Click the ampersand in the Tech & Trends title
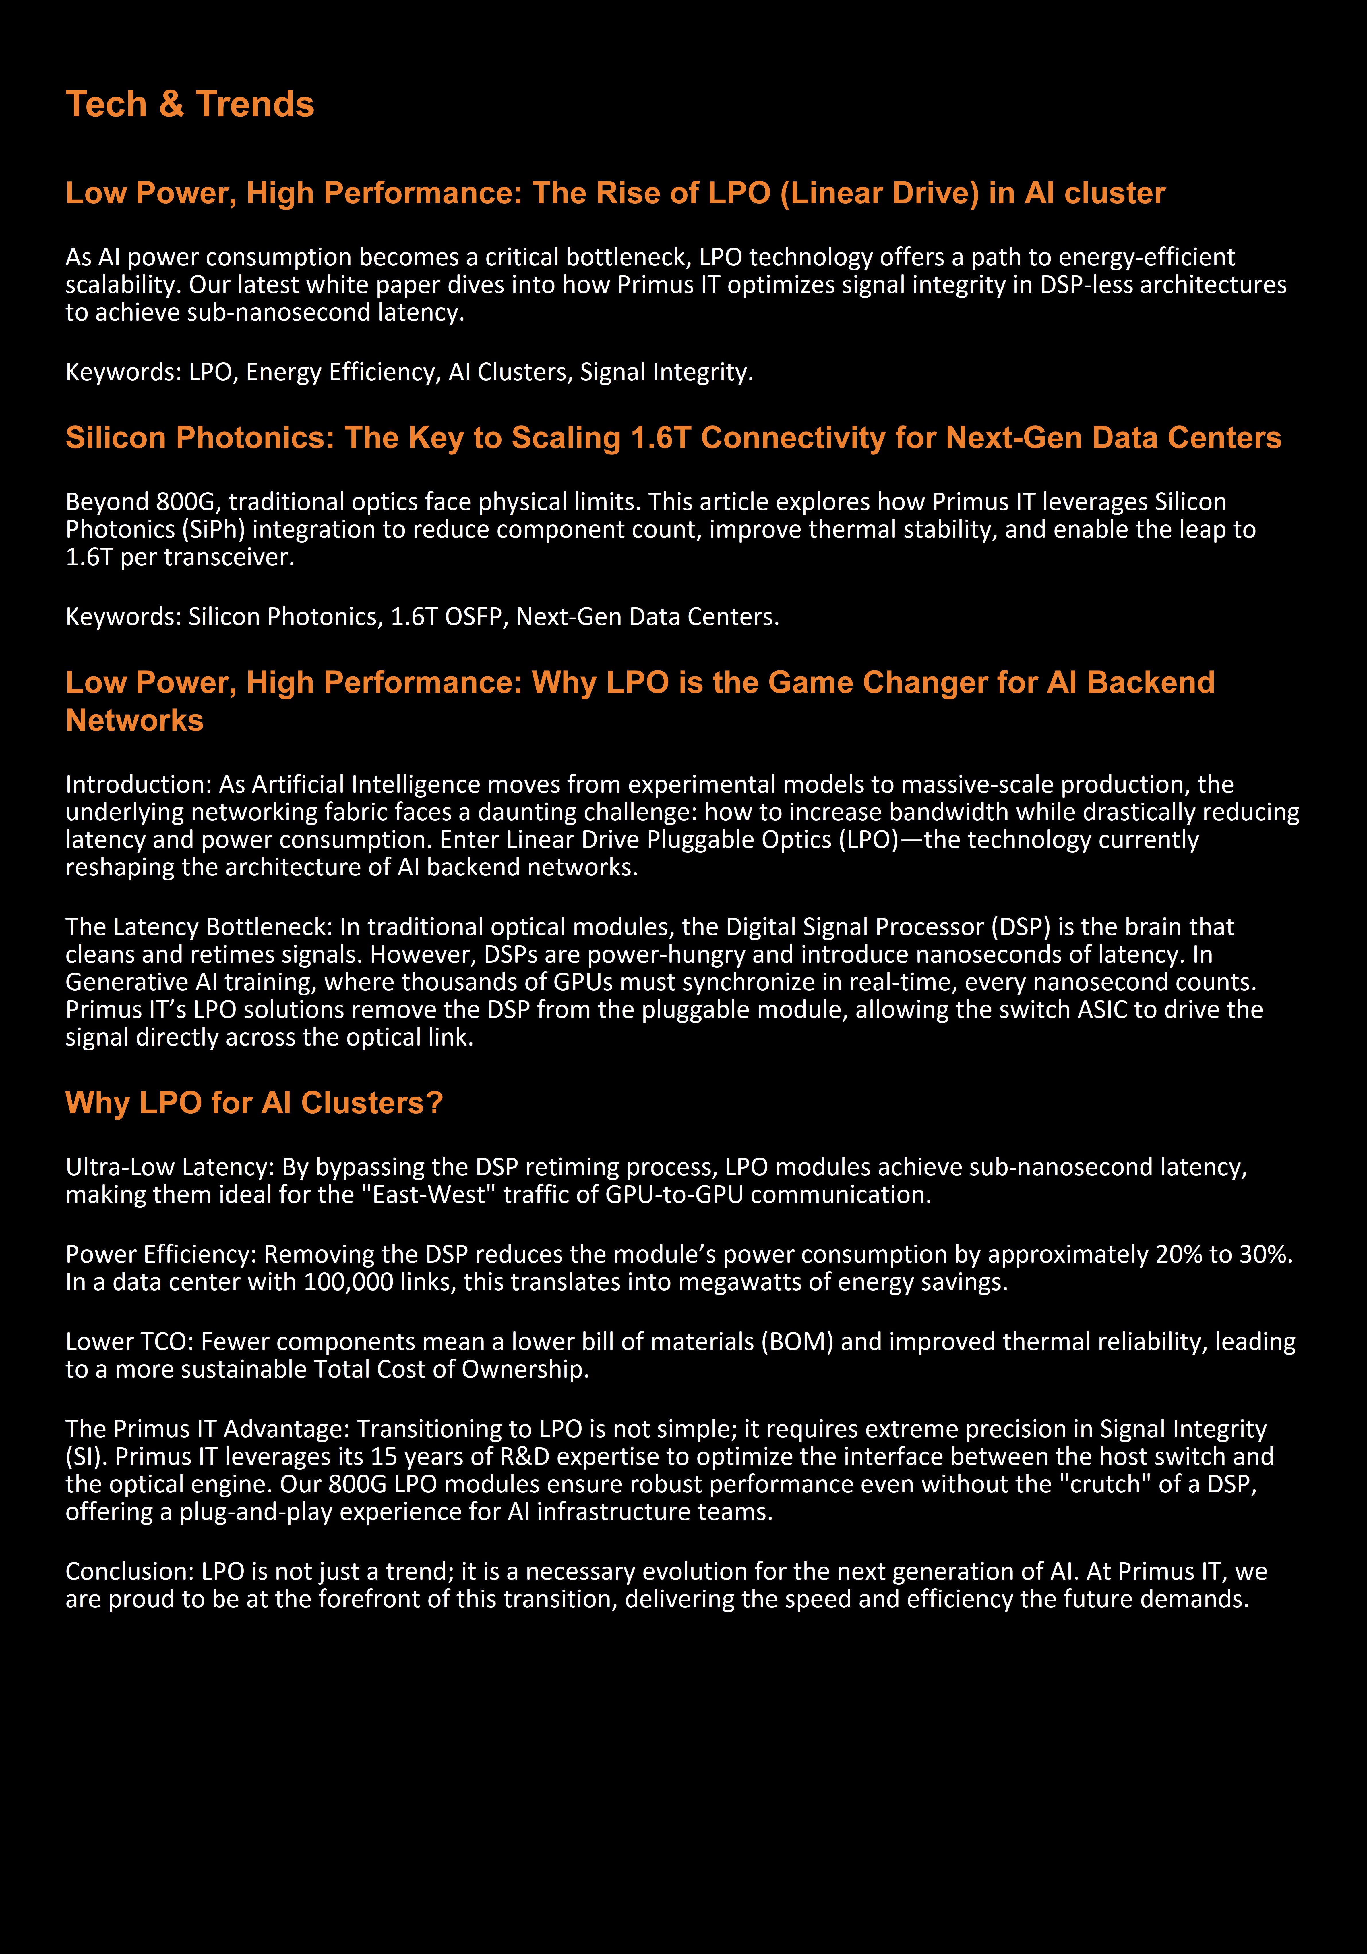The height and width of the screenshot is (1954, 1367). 171,105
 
